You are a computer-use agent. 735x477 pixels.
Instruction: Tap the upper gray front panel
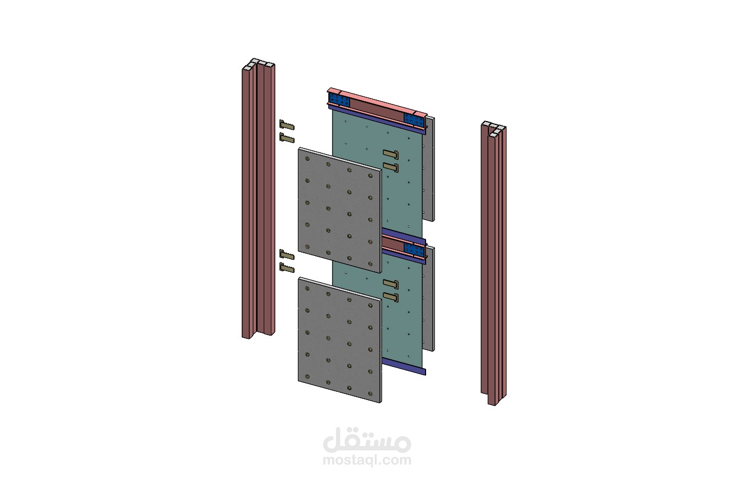[x=340, y=210]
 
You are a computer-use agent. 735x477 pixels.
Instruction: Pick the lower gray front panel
[x=340, y=340]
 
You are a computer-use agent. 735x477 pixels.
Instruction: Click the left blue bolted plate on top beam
[x=340, y=100]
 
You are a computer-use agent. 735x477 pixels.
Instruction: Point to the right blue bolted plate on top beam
[x=414, y=119]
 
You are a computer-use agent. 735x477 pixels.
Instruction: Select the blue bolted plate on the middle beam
[x=414, y=250]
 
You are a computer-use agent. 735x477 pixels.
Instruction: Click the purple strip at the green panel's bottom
[x=404, y=366]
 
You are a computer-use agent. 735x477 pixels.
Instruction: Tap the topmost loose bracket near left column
[x=286, y=125]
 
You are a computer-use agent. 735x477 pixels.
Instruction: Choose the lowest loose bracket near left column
[x=286, y=268]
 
